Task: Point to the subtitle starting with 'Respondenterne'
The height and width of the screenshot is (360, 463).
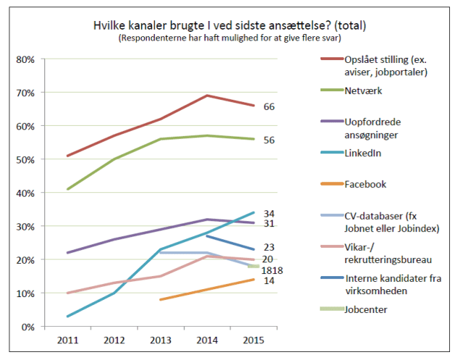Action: (230, 38)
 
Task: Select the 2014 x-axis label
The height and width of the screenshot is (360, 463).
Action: (208, 339)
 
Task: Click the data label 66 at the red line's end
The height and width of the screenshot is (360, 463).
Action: (268, 106)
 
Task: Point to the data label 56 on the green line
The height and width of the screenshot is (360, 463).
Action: (268, 140)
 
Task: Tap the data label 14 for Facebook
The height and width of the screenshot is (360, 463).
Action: (268, 280)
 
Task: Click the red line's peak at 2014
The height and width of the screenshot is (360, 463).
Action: (208, 95)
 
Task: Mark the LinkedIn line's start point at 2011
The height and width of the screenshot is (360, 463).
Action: (67, 317)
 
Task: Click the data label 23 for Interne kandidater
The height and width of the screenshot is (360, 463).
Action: (268, 247)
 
